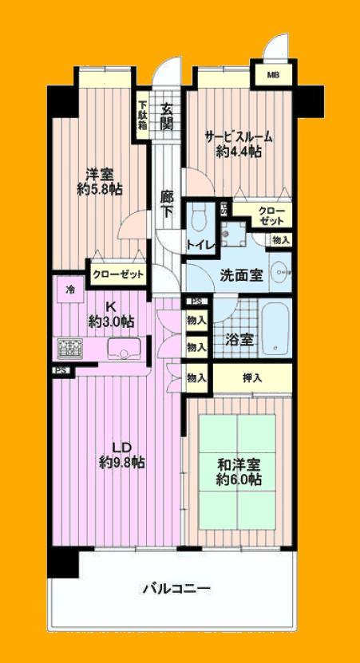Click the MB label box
pos(273,76)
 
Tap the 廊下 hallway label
pos(167,204)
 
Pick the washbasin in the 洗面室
pos(279,272)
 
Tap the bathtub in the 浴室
pos(276,329)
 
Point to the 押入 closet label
pos(251,377)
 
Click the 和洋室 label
pos(239,464)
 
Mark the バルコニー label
pos(176,589)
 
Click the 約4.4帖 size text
pos(239,153)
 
